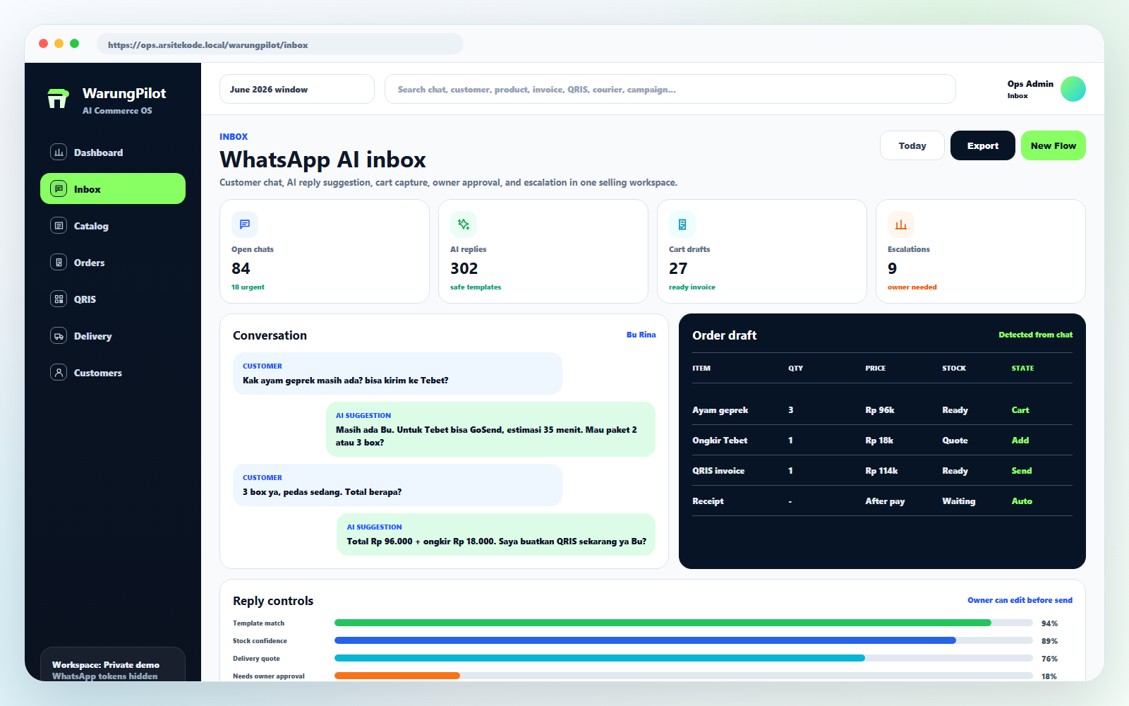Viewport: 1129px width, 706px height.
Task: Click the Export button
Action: point(982,145)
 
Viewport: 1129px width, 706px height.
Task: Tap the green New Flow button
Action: point(1053,145)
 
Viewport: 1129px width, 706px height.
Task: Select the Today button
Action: point(912,145)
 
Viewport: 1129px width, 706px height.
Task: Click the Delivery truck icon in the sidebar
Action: point(59,336)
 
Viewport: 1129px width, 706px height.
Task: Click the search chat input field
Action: point(670,89)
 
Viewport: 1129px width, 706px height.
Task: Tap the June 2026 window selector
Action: point(297,89)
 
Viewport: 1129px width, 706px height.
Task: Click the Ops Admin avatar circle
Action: point(1073,89)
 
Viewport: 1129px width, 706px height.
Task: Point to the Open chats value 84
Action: point(241,268)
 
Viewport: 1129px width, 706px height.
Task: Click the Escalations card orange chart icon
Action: point(900,225)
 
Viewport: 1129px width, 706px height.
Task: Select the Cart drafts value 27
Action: point(678,268)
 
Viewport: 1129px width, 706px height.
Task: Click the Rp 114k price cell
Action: point(881,470)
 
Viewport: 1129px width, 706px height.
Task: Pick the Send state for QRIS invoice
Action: point(1022,470)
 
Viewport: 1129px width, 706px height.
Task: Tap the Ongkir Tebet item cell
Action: point(720,441)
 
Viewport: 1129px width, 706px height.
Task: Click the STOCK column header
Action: point(954,368)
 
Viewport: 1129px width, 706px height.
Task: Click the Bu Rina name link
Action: point(641,335)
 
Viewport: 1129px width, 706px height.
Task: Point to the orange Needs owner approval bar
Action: point(397,676)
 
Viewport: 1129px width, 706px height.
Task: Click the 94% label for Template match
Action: point(1049,623)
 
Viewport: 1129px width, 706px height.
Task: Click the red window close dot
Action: point(43,44)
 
